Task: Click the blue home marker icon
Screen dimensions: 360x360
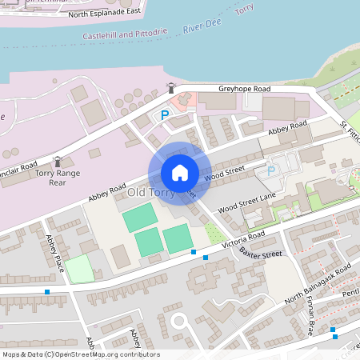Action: (x=180, y=172)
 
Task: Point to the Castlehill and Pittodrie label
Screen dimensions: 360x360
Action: (x=125, y=34)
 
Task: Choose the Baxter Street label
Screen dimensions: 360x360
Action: (x=261, y=254)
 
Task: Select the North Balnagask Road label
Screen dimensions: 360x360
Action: (x=318, y=283)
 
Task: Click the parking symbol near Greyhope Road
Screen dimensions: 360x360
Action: (x=165, y=115)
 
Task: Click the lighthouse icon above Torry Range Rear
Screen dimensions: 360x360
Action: (x=57, y=162)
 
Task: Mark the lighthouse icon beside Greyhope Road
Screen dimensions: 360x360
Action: (x=170, y=87)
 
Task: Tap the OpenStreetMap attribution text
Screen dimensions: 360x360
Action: (x=81, y=354)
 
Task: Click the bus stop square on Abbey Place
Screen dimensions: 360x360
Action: (x=47, y=292)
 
